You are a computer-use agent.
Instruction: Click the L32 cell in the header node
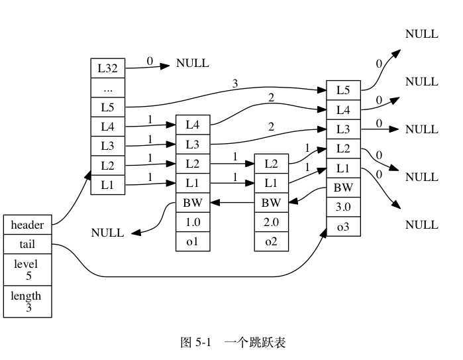pyautogui.click(x=107, y=68)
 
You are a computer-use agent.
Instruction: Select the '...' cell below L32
pyautogui.click(x=107, y=87)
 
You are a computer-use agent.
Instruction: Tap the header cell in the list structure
pyautogui.click(x=27, y=225)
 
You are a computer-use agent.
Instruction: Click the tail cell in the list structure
pyautogui.click(x=27, y=245)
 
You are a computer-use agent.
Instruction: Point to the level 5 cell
pyautogui.click(x=27, y=270)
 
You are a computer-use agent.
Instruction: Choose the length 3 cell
pyautogui.click(x=27, y=302)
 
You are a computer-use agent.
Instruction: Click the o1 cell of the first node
pyautogui.click(x=193, y=241)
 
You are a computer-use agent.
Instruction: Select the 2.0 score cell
pyautogui.click(x=272, y=222)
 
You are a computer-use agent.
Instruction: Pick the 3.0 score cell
pyautogui.click(x=343, y=207)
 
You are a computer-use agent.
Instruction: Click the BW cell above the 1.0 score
pyautogui.click(x=193, y=202)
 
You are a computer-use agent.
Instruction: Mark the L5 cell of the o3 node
pyautogui.click(x=343, y=90)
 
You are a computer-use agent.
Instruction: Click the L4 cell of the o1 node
pyautogui.click(x=193, y=125)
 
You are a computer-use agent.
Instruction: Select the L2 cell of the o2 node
pyautogui.click(x=272, y=163)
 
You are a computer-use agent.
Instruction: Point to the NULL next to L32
pyautogui.click(x=193, y=64)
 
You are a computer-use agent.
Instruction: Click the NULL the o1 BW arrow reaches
pyautogui.click(x=107, y=233)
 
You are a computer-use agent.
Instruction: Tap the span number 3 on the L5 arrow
pyautogui.click(x=235, y=84)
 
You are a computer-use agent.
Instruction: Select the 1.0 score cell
pyautogui.click(x=193, y=222)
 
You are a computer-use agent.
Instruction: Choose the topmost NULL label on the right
pyautogui.click(x=422, y=34)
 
